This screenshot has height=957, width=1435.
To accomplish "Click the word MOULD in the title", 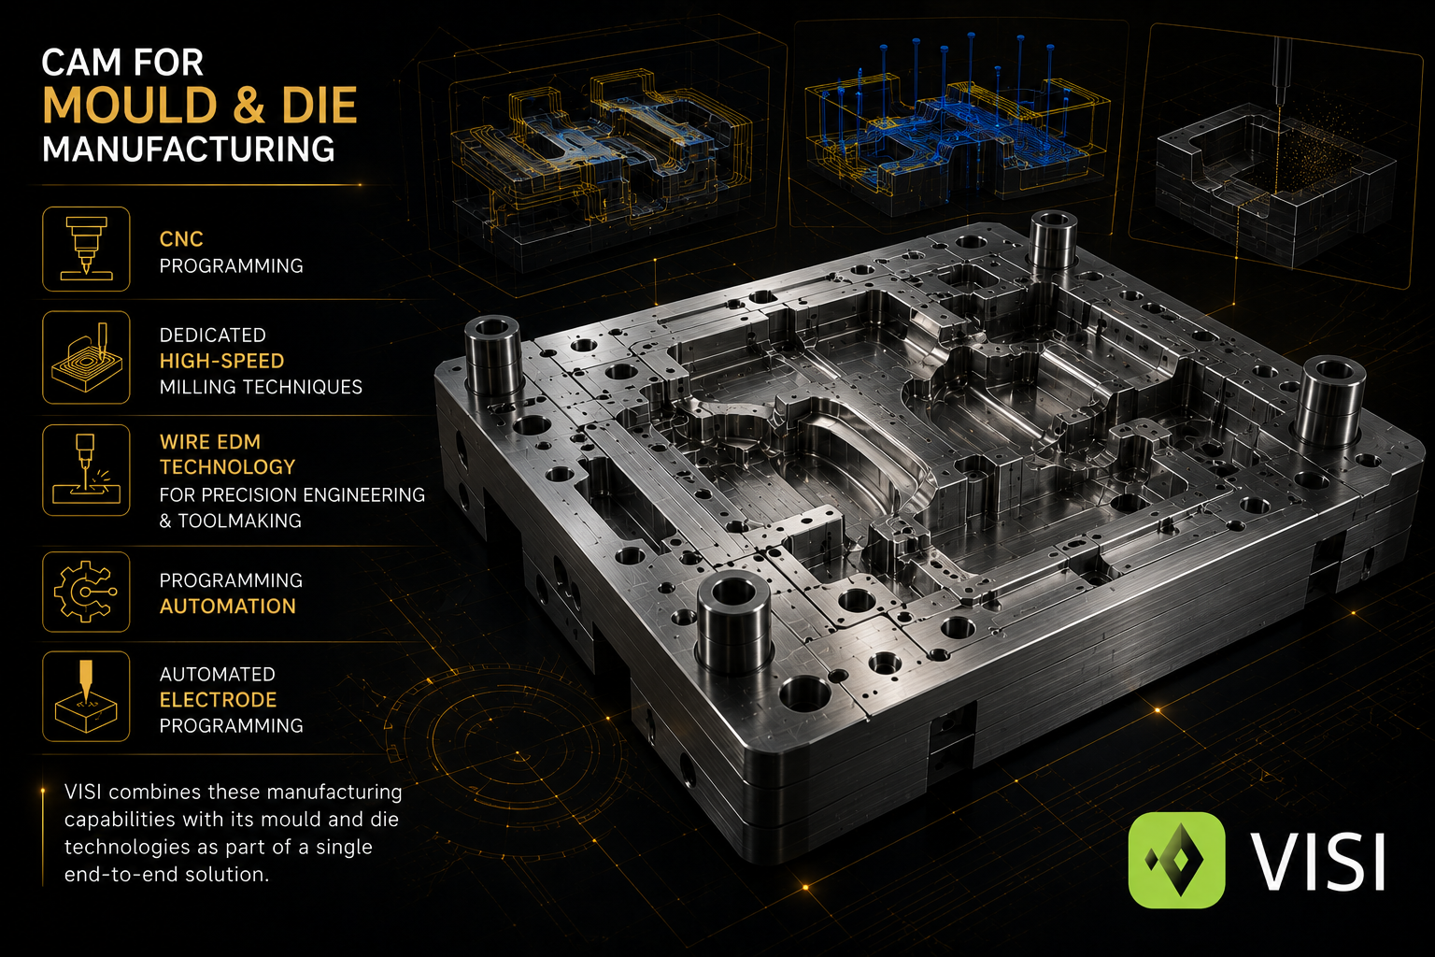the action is (131, 105).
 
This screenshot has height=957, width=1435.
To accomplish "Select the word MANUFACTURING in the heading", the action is (189, 149).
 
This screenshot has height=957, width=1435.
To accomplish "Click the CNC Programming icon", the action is (87, 249).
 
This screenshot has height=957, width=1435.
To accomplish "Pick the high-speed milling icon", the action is (87, 358).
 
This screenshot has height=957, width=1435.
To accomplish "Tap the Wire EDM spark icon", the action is (87, 470).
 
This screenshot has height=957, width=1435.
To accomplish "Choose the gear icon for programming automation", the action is (87, 592).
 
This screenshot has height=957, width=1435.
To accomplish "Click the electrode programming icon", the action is (87, 697).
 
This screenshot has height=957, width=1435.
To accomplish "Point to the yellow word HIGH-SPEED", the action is (221, 361).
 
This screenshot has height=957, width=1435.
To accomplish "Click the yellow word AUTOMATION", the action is (227, 606).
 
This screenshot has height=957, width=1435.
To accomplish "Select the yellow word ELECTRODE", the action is (218, 699).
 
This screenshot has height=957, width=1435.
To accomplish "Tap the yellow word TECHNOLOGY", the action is (227, 466).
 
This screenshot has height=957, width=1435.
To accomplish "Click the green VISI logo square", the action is (1176, 860).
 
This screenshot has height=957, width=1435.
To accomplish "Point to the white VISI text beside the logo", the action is (1317, 861).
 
